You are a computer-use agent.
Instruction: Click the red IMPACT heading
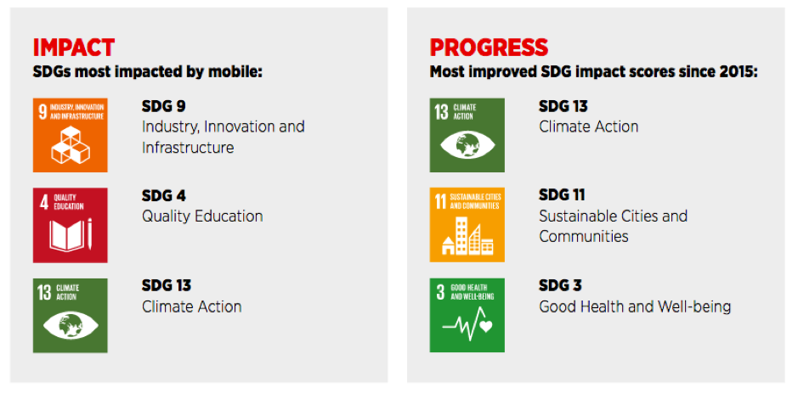[x=73, y=47]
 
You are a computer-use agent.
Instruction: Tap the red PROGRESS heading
[x=489, y=47]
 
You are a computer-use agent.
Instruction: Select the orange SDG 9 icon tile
[x=70, y=135]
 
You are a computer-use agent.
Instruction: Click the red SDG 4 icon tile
[x=70, y=225]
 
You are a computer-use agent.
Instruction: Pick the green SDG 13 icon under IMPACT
[x=70, y=315]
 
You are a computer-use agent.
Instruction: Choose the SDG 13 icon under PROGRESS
[x=467, y=135]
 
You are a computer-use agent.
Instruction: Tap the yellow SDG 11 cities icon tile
[x=467, y=225]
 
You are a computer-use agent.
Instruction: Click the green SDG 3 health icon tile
[x=467, y=315]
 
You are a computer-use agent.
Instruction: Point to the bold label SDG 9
[x=163, y=106]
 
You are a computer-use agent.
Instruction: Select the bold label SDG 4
[x=163, y=195]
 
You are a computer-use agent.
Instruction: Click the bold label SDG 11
[x=562, y=195]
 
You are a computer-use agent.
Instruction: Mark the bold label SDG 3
[x=560, y=285]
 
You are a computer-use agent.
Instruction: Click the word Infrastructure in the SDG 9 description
[x=188, y=148]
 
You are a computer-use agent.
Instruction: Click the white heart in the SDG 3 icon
[x=485, y=325]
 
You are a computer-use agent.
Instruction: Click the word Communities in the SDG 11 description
[x=584, y=237]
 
